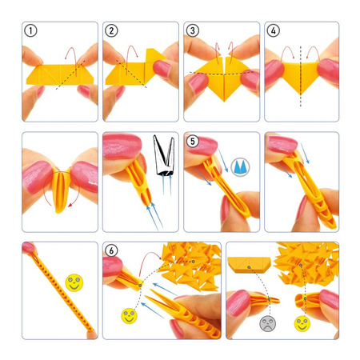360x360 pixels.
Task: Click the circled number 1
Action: click(31, 32)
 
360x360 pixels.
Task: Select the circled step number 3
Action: click(193, 32)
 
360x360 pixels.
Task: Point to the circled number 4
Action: click(274, 32)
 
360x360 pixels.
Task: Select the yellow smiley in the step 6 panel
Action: click(128, 314)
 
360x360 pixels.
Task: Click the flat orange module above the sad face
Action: click(250, 264)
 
